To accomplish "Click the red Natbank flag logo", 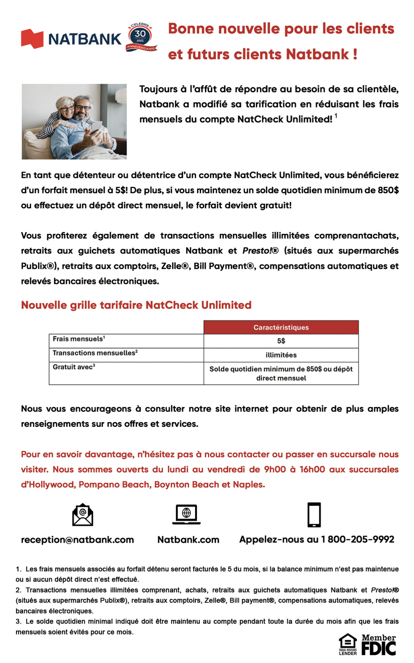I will [x=32, y=39].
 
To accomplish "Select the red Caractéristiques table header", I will [x=281, y=327].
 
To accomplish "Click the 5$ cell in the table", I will [x=281, y=341].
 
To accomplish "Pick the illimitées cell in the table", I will [x=281, y=355].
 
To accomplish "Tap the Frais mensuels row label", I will [x=79, y=339].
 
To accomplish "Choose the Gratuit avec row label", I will [x=74, y=367].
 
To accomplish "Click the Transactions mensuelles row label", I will [x=95, y=353].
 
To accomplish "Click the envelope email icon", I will [x=83, y=514].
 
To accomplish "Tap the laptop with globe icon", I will [x=186, y=514].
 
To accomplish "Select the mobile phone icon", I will [x=314, y=514].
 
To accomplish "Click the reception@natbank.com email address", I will [x=77, y=540].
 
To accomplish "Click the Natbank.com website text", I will [x=188, y=540].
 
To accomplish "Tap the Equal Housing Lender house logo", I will [x=348, y=644].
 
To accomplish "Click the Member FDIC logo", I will [x=379, y=645].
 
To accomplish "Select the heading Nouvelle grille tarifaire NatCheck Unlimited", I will [x=136, y=305].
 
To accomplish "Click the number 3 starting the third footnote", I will [x=18, y=621].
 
